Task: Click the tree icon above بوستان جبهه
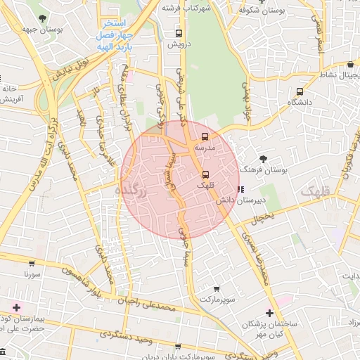(x=44, y=18)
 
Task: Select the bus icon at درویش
(x=179, y=32)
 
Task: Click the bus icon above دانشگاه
(x=300, y=91)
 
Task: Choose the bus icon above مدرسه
(x=205, y=136)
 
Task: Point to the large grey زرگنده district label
(x=134, y=192)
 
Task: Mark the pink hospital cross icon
(x=16, y=307)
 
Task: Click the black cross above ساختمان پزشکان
(x=269, y=313)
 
